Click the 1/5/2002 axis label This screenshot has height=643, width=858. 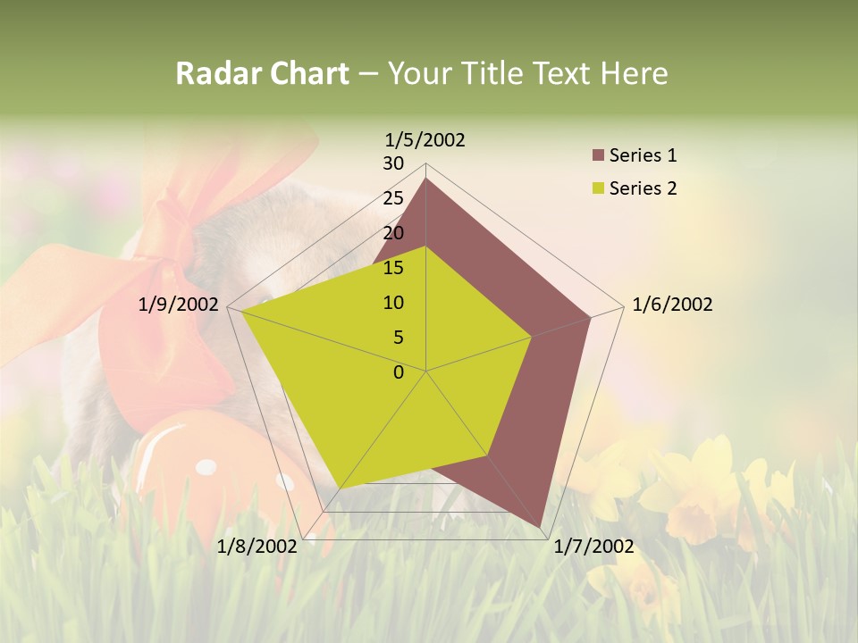[x=425, y=139]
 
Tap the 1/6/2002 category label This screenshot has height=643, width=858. [x=672, y=305]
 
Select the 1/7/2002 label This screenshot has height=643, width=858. [x=593, y=547]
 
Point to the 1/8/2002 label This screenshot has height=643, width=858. [x=257, y=547]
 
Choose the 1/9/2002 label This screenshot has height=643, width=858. [x=179, y=305]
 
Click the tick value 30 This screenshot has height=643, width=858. [x=393, y=163]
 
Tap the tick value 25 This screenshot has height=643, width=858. [x=393, y=198]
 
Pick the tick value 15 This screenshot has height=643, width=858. [x=393, y=268]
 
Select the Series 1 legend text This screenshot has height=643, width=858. [x=643, y=155]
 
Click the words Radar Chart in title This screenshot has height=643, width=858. [x=262, y=73]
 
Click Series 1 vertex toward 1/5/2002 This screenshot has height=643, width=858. [x=425, y=179]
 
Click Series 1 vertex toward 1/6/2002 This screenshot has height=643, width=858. [x=590, y=317]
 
